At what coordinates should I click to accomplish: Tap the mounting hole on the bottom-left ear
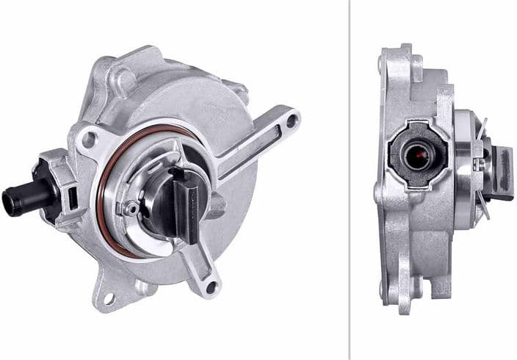(x=109, y=298)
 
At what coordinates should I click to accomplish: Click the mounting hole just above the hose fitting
(x=88, y=137)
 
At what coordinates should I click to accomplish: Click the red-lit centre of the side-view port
(x=421, y=156)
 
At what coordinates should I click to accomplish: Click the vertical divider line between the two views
(x=350, y=180)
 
